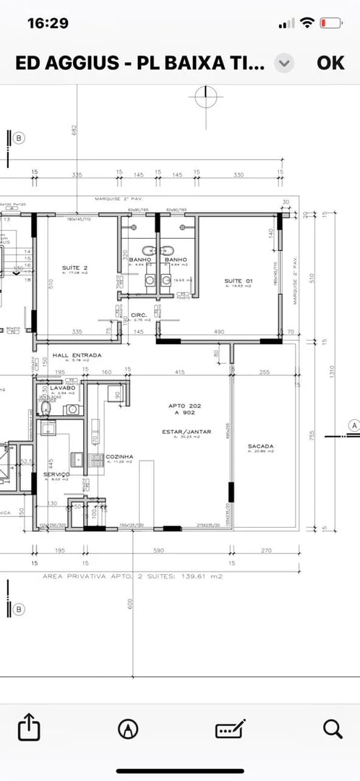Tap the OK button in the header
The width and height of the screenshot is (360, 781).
330,62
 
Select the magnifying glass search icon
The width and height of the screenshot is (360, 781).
333,728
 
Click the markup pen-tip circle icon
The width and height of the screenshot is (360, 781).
128,728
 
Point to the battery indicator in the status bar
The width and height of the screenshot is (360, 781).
330,23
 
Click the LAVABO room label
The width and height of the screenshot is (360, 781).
63,388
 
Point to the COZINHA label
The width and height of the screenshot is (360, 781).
119,457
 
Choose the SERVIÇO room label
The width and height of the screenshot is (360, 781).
56,474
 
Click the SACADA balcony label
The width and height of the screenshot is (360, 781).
261,446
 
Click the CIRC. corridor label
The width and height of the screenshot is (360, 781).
140,315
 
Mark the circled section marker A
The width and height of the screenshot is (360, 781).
353,425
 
